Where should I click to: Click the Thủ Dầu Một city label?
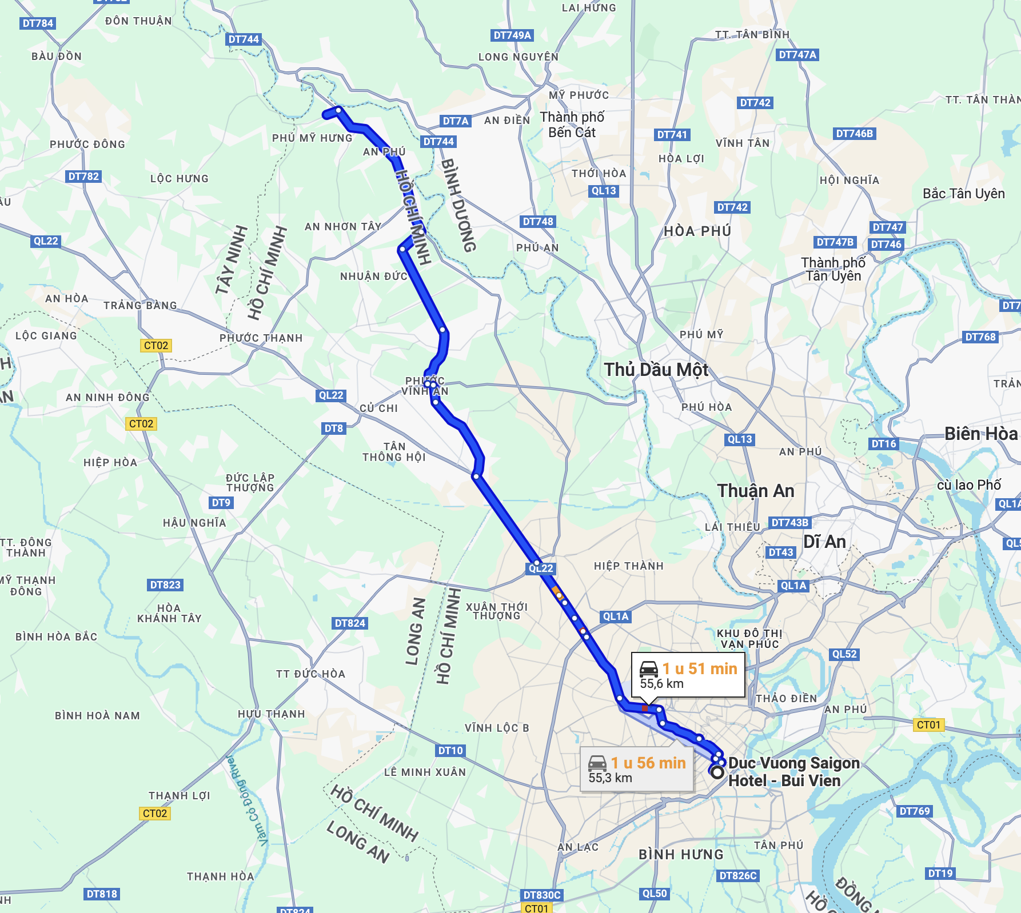pos(656,370)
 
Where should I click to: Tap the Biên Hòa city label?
pos(980,434)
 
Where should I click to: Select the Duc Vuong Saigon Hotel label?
pos(793,772)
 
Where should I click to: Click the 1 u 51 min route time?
pos(700,668)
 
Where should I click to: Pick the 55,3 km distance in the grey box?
pos(610,778)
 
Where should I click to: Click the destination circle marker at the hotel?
pos(717,772)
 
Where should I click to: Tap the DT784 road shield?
pos(38,23)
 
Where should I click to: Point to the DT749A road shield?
pos(512,35)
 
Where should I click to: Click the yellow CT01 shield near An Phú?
pos(928,725)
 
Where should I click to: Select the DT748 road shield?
pos(538,222)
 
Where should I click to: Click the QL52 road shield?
pos(844,654)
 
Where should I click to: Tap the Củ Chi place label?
pos(378,409)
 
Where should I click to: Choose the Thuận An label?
pos(756,491)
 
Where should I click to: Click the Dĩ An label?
pos(824,542)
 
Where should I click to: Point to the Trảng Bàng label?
pos(140,306)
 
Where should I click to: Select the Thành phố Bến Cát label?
pos(572,125)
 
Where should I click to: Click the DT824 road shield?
pos(350,623)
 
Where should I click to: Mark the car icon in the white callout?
pos(649,669)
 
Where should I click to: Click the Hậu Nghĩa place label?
pos(194,523)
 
